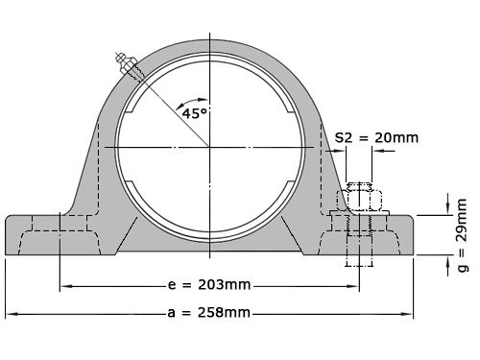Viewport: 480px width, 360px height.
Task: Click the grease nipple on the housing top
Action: tap(123, 63)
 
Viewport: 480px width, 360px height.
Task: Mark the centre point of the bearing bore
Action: tap(209, 147)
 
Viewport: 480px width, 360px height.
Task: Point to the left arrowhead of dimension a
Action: tap(10, 313)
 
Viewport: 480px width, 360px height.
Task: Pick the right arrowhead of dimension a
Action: tap(411, 313)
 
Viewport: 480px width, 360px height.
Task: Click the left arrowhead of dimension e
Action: tap(64, 285)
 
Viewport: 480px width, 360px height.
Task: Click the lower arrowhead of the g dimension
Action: tap(447, 258)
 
